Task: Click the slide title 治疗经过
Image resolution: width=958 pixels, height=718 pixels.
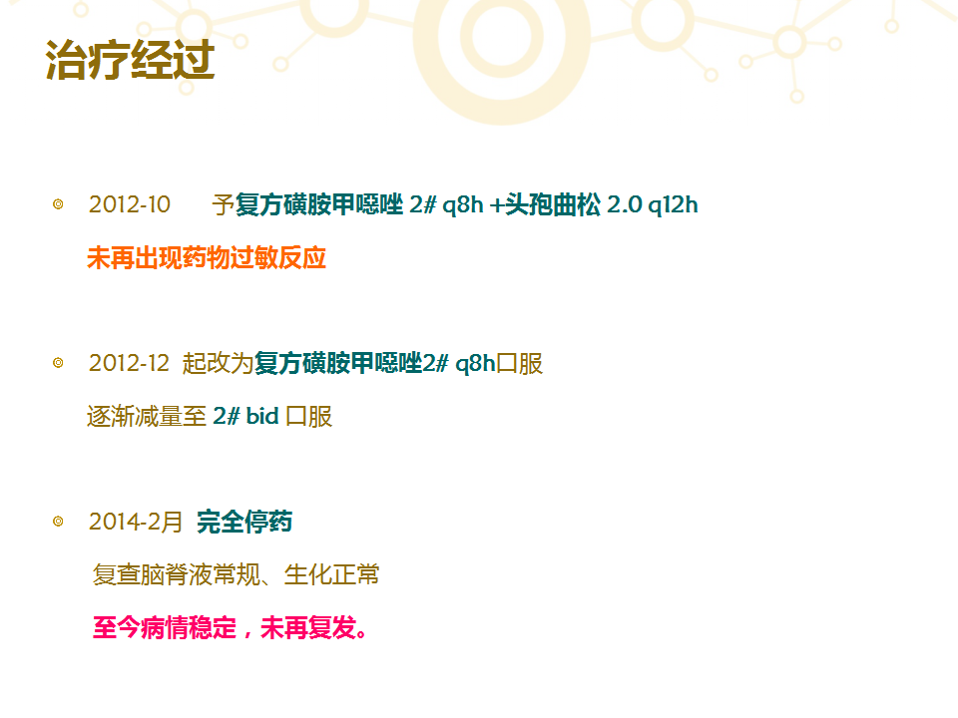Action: [130, 60]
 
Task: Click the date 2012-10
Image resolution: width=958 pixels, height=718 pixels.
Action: [130, 204]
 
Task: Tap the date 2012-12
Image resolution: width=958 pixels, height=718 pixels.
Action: [129, 363]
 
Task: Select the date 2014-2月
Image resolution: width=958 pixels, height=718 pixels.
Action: [136, 522]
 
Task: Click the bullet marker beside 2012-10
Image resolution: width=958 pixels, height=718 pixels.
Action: [58, 203]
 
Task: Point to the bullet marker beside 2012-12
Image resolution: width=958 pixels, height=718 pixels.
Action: [58, 363]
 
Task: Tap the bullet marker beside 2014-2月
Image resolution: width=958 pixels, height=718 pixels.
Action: [58, 522]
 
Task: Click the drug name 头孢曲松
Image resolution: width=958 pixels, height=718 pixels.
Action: [553, 204]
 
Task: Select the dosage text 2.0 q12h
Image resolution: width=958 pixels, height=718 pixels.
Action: [653, 205]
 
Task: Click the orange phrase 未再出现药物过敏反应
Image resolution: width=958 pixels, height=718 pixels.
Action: [207, 257]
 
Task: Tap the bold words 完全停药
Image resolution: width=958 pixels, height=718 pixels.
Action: [244, 522]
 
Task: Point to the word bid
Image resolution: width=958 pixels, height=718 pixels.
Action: [262, 417]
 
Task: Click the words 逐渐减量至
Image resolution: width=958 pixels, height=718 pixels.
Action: [147, 417]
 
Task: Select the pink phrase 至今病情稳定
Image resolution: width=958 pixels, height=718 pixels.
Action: [165, 627]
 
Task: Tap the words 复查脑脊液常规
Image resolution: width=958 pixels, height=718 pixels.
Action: [177, 575]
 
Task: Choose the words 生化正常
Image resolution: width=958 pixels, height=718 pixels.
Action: [331, 575]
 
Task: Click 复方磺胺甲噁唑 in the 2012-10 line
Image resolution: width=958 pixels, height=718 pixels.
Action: [319, 204]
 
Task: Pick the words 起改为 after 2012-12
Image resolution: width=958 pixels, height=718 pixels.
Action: [219, 363]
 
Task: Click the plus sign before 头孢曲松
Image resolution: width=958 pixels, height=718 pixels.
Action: [497, 205]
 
